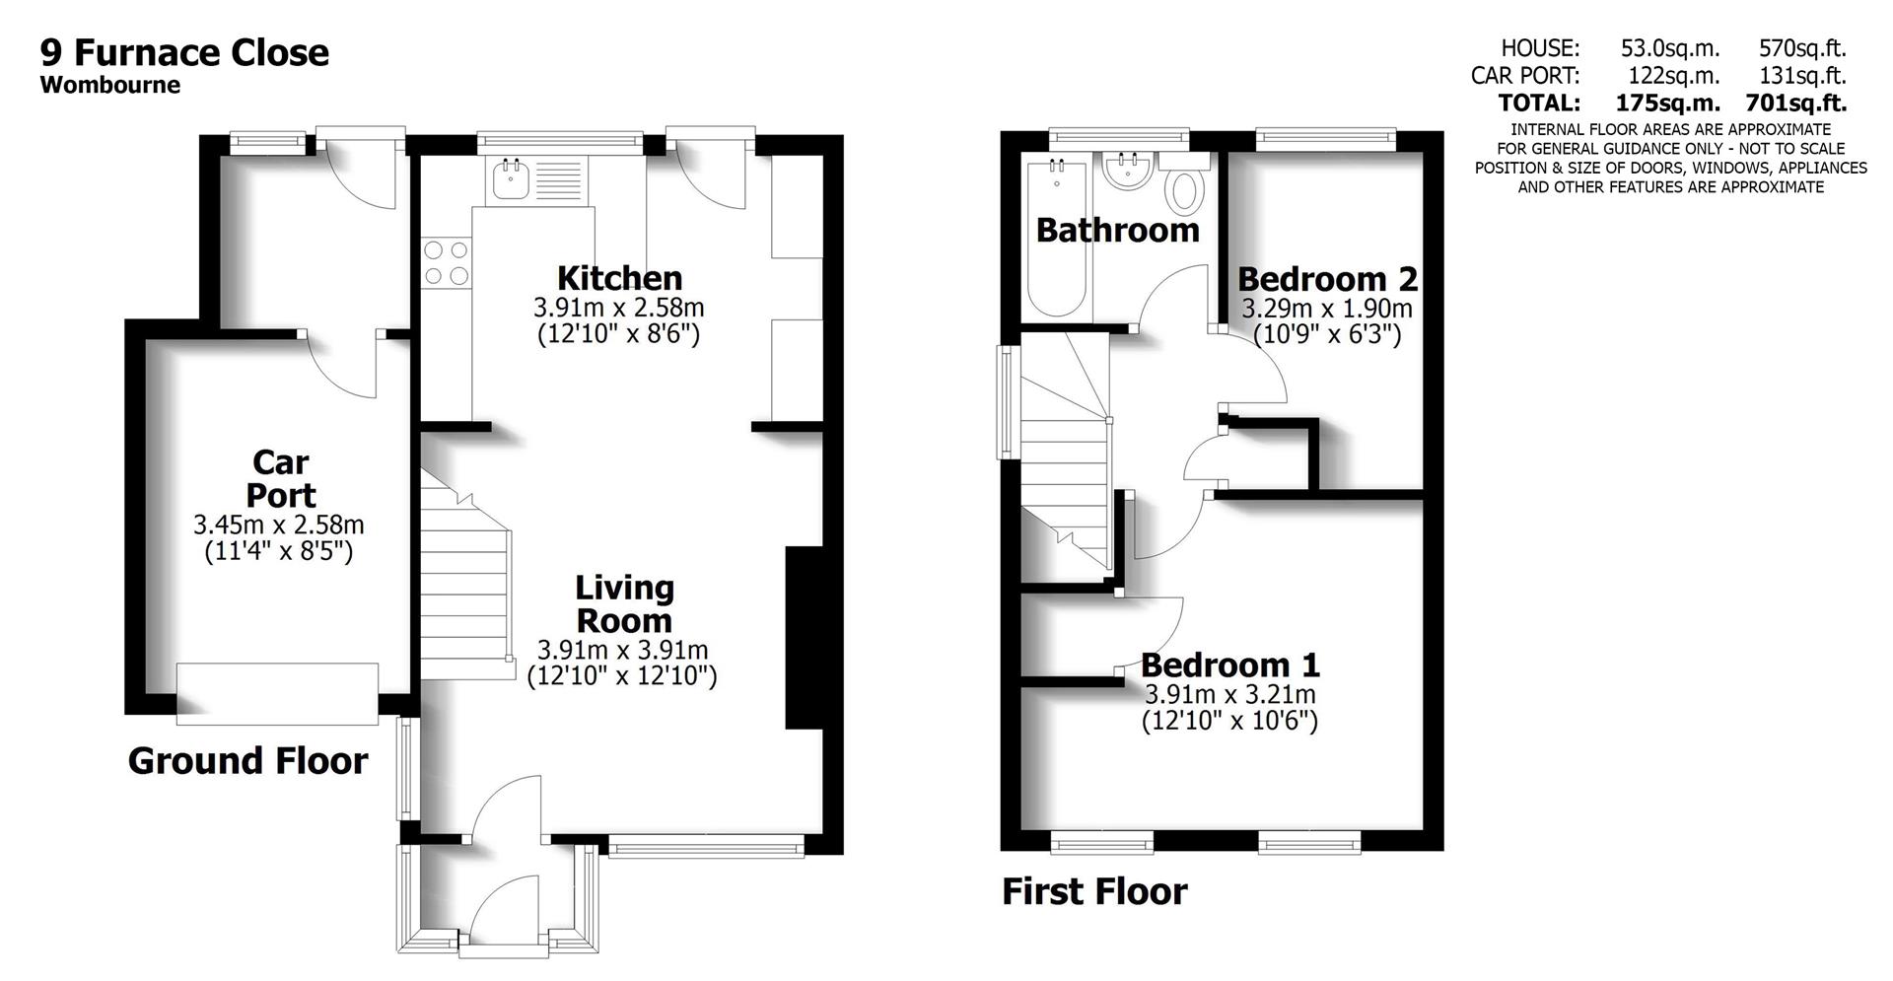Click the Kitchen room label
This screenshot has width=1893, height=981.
point(619,277)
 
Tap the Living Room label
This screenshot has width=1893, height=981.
point(624,604)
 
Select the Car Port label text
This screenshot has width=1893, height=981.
point(280,478)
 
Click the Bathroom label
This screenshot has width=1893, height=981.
point(1117,231)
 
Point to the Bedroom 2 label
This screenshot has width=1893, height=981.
point(1327,279)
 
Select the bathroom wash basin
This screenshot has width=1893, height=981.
point(1126,173)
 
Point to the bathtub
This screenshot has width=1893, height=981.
point(1058,240)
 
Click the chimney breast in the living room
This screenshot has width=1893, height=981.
point(803,638)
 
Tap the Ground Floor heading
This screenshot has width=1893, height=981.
point(247,761)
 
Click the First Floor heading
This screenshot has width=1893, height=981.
point(1094,891)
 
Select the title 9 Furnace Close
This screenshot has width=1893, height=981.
point(184,52)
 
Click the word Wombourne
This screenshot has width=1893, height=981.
point(110,85)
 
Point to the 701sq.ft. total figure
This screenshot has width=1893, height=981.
point(1795,103)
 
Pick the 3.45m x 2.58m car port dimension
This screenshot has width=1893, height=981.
point(279,526)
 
